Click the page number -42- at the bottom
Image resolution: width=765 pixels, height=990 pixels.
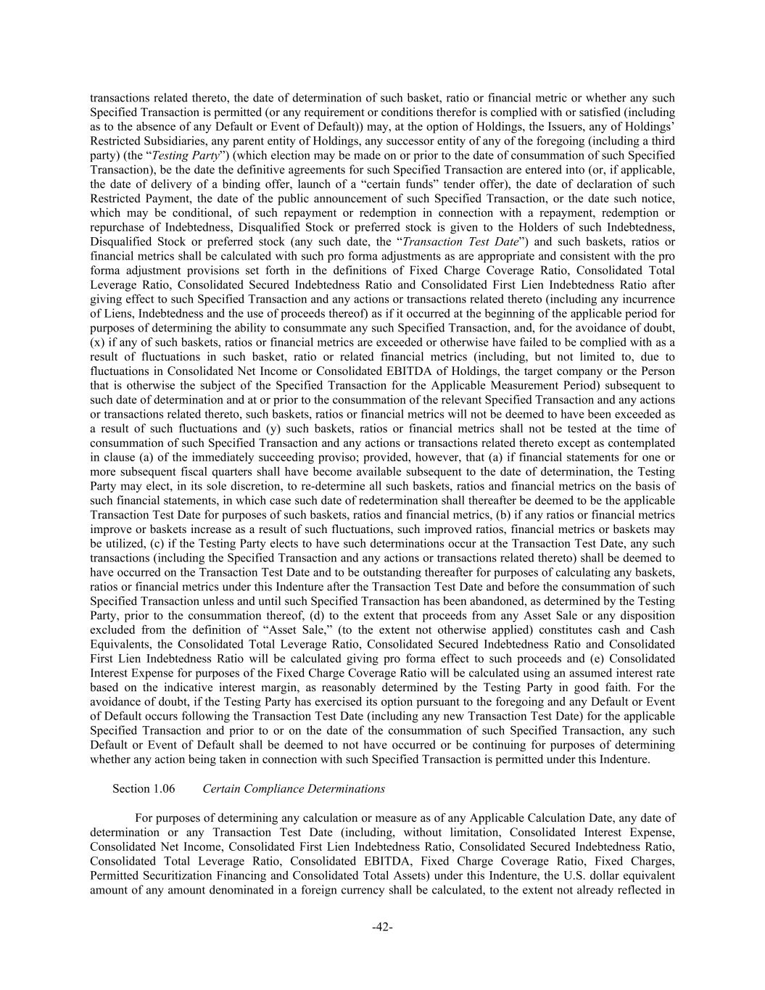[x=382, y=927]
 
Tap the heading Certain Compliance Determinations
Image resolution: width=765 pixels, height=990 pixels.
[x=294, y=788]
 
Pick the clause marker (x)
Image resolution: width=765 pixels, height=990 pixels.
[x=97, y=342]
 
